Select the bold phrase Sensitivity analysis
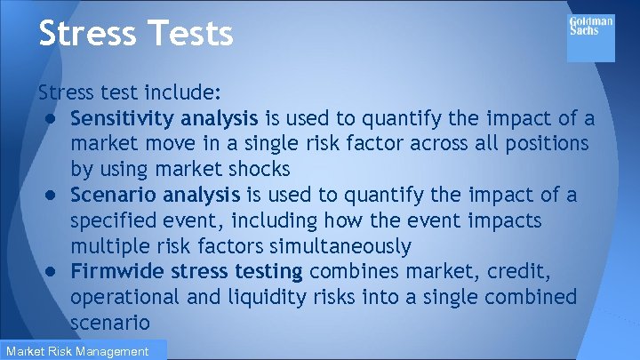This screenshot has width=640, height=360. click(164, 118)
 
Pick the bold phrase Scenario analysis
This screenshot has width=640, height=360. click(154, 195)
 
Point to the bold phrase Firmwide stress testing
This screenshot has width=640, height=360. click(187, 271)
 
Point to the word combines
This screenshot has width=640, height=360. click(351, 271)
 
